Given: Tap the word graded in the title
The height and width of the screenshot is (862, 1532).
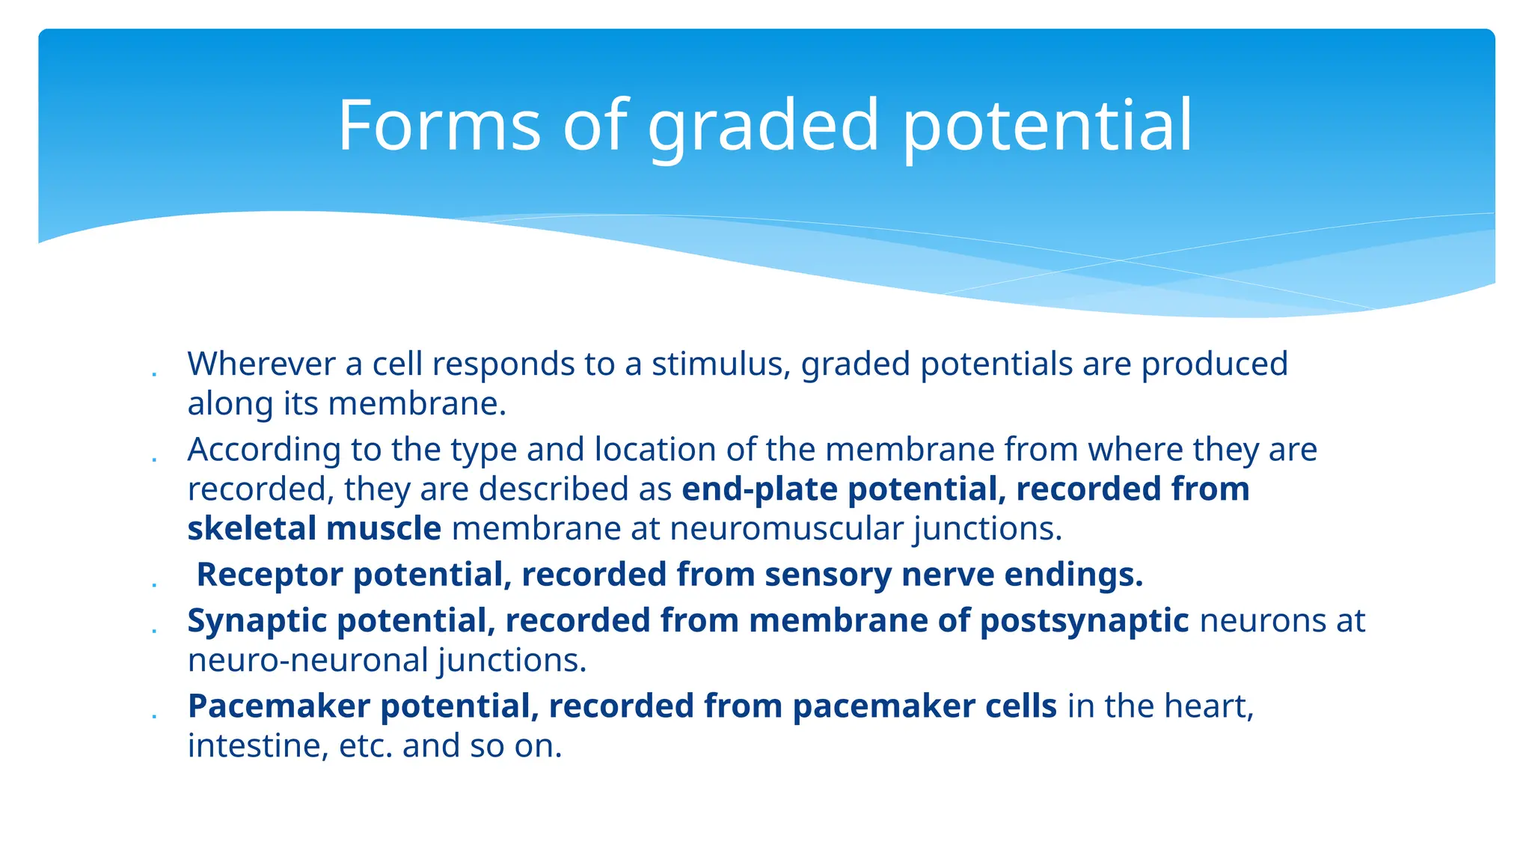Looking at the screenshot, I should (x=763, y=127).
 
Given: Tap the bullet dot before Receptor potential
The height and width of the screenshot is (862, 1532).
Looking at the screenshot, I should (x=154, y=584).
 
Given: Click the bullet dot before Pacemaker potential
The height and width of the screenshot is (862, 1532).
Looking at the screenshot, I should (x=154, y=716).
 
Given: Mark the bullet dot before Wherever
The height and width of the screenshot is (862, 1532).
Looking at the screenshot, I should (x=154, y=373).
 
